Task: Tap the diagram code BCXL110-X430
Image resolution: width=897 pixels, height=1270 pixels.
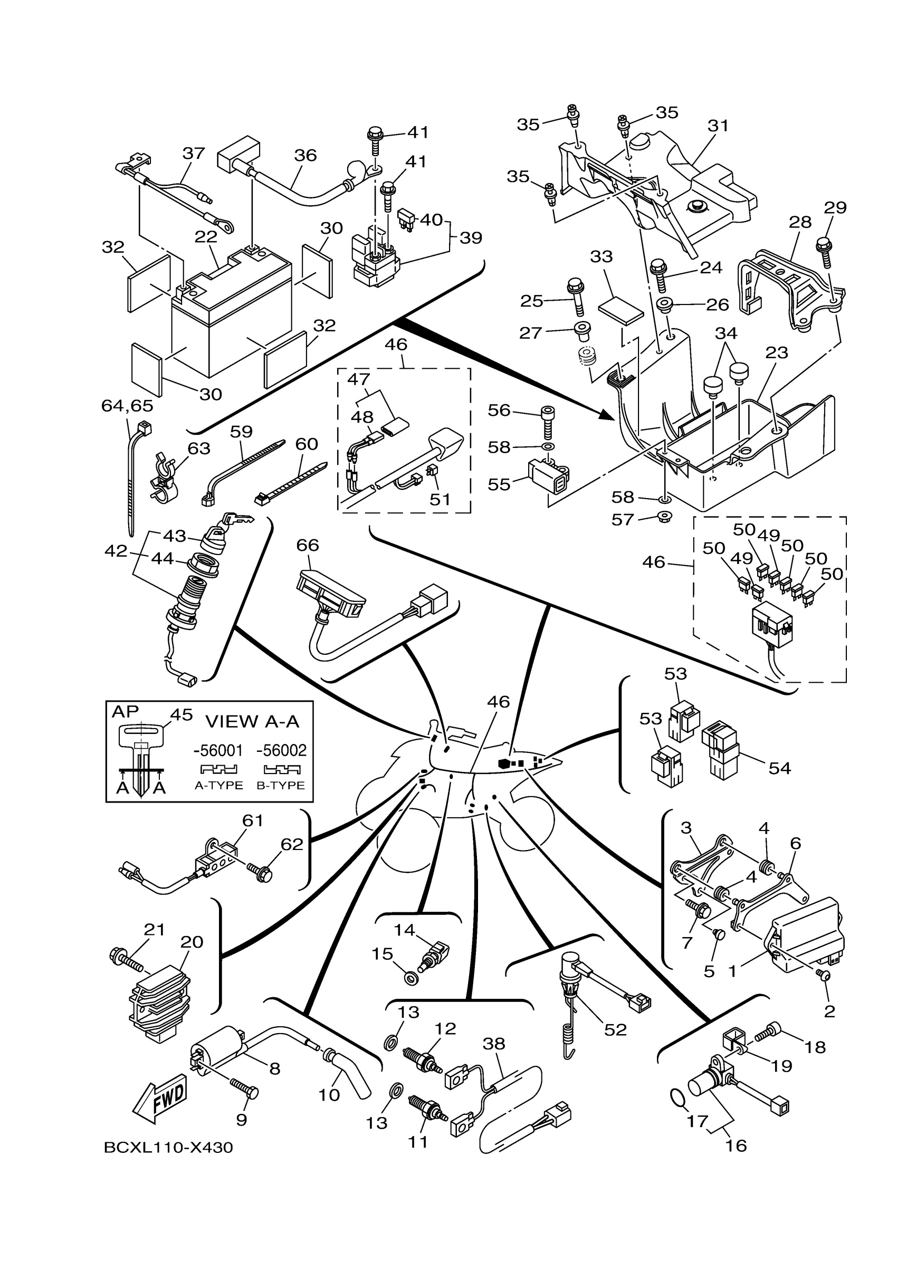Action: pyautogui.click(x=168, y=1148)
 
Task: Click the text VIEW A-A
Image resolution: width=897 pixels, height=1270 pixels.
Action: pyautogui.click(x=252, y=721)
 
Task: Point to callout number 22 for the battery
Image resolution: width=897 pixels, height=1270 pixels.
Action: pyautogui.click(x=206, y=236)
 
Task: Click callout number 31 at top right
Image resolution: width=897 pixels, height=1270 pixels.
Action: pyautogui.click(x=718, y=126)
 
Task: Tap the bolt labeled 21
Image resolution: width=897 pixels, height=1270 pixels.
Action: pyautogui.click(x=128, y=959)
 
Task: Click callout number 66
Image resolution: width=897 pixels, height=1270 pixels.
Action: pyautogui.click(x=308, y=545)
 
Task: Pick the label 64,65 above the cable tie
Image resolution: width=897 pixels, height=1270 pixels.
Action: pyautogui.click(x=127, y=405)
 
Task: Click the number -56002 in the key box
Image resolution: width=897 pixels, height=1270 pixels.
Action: pyautogui.click(x=281, y=750)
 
